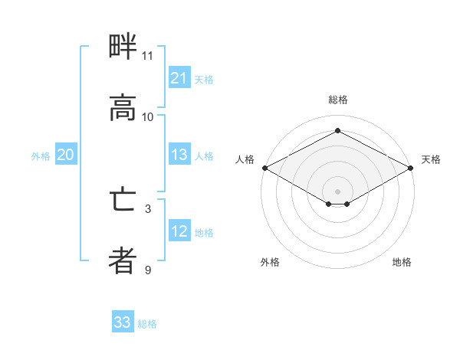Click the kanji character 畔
[123, 47]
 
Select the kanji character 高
[123, 108]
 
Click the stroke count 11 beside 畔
[147, 56]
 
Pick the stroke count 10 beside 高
[148, 117]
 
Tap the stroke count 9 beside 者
[148, 270]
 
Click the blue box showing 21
[179, 78]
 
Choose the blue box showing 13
[179, 155]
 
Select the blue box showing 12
[179, 231]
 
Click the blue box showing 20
[66, 155]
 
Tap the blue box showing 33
[123, 322]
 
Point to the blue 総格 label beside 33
[147, 324]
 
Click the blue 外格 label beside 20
[41, 156]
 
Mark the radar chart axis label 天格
[432, 159]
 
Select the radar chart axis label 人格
[245, 159]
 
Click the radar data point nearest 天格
[412, 168]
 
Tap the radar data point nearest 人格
[264, 168]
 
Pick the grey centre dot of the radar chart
[338, 191]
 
